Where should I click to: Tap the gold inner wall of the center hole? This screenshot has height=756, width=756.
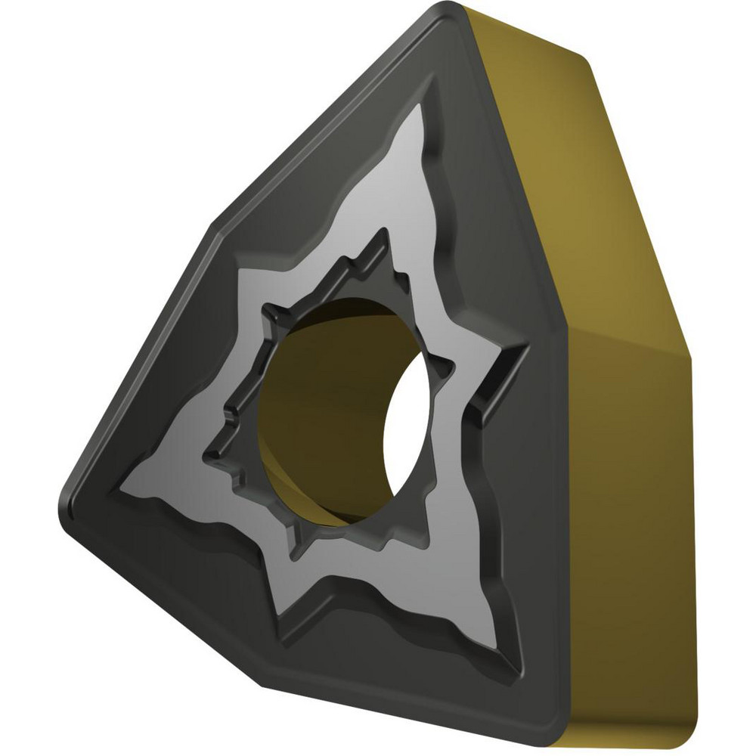pyautogui.click(x=318, y=401)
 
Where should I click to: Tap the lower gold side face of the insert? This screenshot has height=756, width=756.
pyautogui.click(x=627, y=529)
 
